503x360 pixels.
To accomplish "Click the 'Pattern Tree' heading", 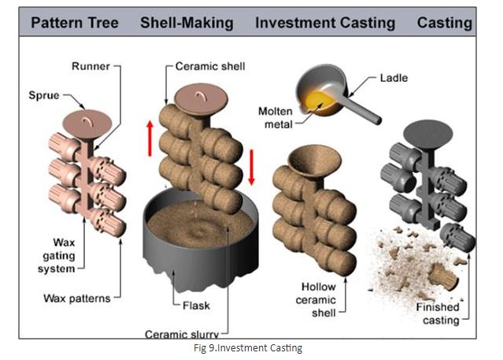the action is [75, 23].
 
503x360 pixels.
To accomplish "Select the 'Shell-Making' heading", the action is [187, 23].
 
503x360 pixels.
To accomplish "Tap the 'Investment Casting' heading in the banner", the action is [325, 23].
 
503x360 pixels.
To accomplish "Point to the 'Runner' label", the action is [91, 66].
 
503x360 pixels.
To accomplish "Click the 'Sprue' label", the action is [44, 95].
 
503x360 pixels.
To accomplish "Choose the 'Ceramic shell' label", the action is [210, 66].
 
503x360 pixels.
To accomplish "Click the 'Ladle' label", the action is [394, 78].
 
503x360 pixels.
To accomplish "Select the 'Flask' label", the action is [196, 306].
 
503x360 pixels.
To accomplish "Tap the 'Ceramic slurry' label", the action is [182, 334].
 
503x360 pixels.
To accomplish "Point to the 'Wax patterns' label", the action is [77, 299].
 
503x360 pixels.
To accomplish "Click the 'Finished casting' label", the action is [438, 314].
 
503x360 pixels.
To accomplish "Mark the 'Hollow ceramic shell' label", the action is [316, 299].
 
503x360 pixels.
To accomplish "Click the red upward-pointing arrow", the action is [150, 139].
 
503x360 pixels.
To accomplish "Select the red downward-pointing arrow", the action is [252, 167].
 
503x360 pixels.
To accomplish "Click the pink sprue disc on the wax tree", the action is [87, 124].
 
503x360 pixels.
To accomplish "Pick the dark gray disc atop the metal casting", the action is [428, 134].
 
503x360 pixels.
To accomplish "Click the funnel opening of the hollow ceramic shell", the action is [314, 161].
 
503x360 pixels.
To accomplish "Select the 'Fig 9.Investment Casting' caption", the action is [248, 348].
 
